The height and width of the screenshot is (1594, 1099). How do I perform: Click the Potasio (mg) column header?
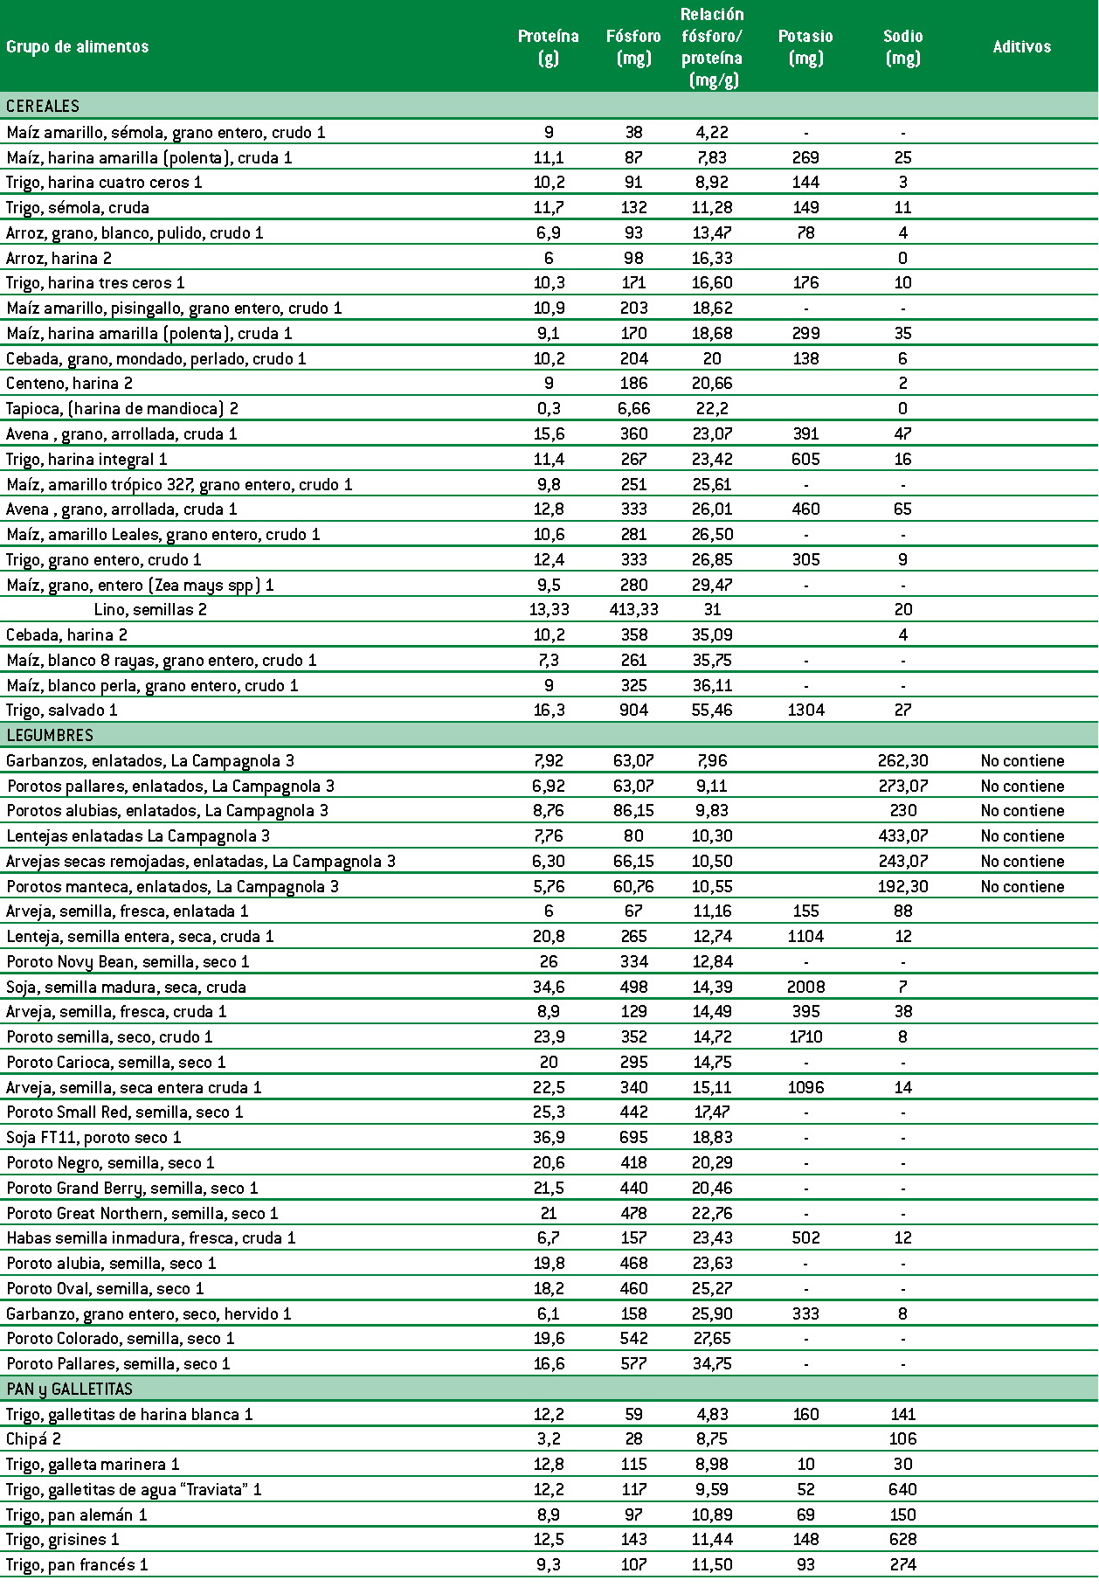805,47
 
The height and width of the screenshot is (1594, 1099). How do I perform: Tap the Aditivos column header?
1021,47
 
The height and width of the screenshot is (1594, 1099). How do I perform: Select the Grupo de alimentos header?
78,47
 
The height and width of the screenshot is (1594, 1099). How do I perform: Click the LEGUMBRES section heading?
50,735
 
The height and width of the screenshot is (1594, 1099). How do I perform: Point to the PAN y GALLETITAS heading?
70,1389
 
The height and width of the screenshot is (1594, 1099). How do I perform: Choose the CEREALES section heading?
43,106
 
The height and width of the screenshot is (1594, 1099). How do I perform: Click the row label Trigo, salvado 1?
62,710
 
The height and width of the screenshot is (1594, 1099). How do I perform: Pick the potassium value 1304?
805,710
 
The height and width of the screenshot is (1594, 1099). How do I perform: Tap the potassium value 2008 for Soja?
805,987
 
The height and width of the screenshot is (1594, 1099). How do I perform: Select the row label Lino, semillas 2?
150,610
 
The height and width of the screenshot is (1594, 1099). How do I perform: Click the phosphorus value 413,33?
633,610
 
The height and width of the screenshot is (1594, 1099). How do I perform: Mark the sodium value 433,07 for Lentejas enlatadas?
902,836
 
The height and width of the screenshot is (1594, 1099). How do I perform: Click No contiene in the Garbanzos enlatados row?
1022,761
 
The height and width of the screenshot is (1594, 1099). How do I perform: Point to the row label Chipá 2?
34,1439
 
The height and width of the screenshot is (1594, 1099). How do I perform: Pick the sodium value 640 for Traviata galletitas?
902,1490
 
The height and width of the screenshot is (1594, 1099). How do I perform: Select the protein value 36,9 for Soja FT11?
549,1138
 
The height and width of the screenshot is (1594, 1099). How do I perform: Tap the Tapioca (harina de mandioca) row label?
122,409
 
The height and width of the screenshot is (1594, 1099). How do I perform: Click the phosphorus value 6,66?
633,409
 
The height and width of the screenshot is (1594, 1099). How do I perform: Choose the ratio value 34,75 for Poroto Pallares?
712,1364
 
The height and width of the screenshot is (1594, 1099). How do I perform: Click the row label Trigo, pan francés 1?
78,1565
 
